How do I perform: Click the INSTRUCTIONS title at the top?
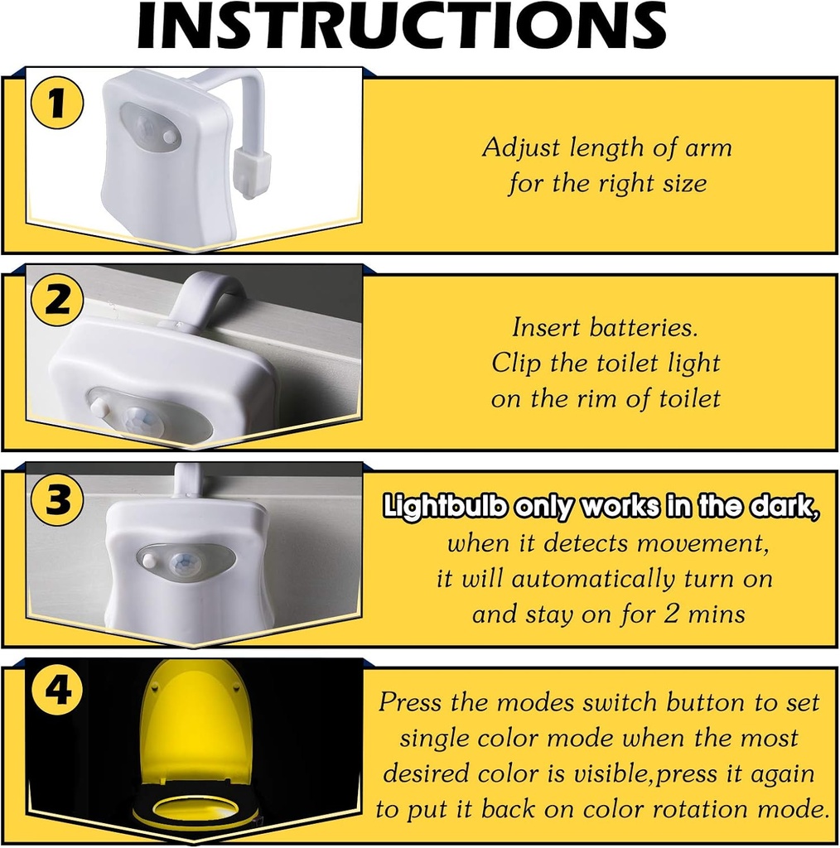pyautogui.click(x=402, y=26)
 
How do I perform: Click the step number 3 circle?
pyautogui.click(x=56, y=499)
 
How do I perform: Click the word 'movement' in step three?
pyautogui.click(x=702, y=544)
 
